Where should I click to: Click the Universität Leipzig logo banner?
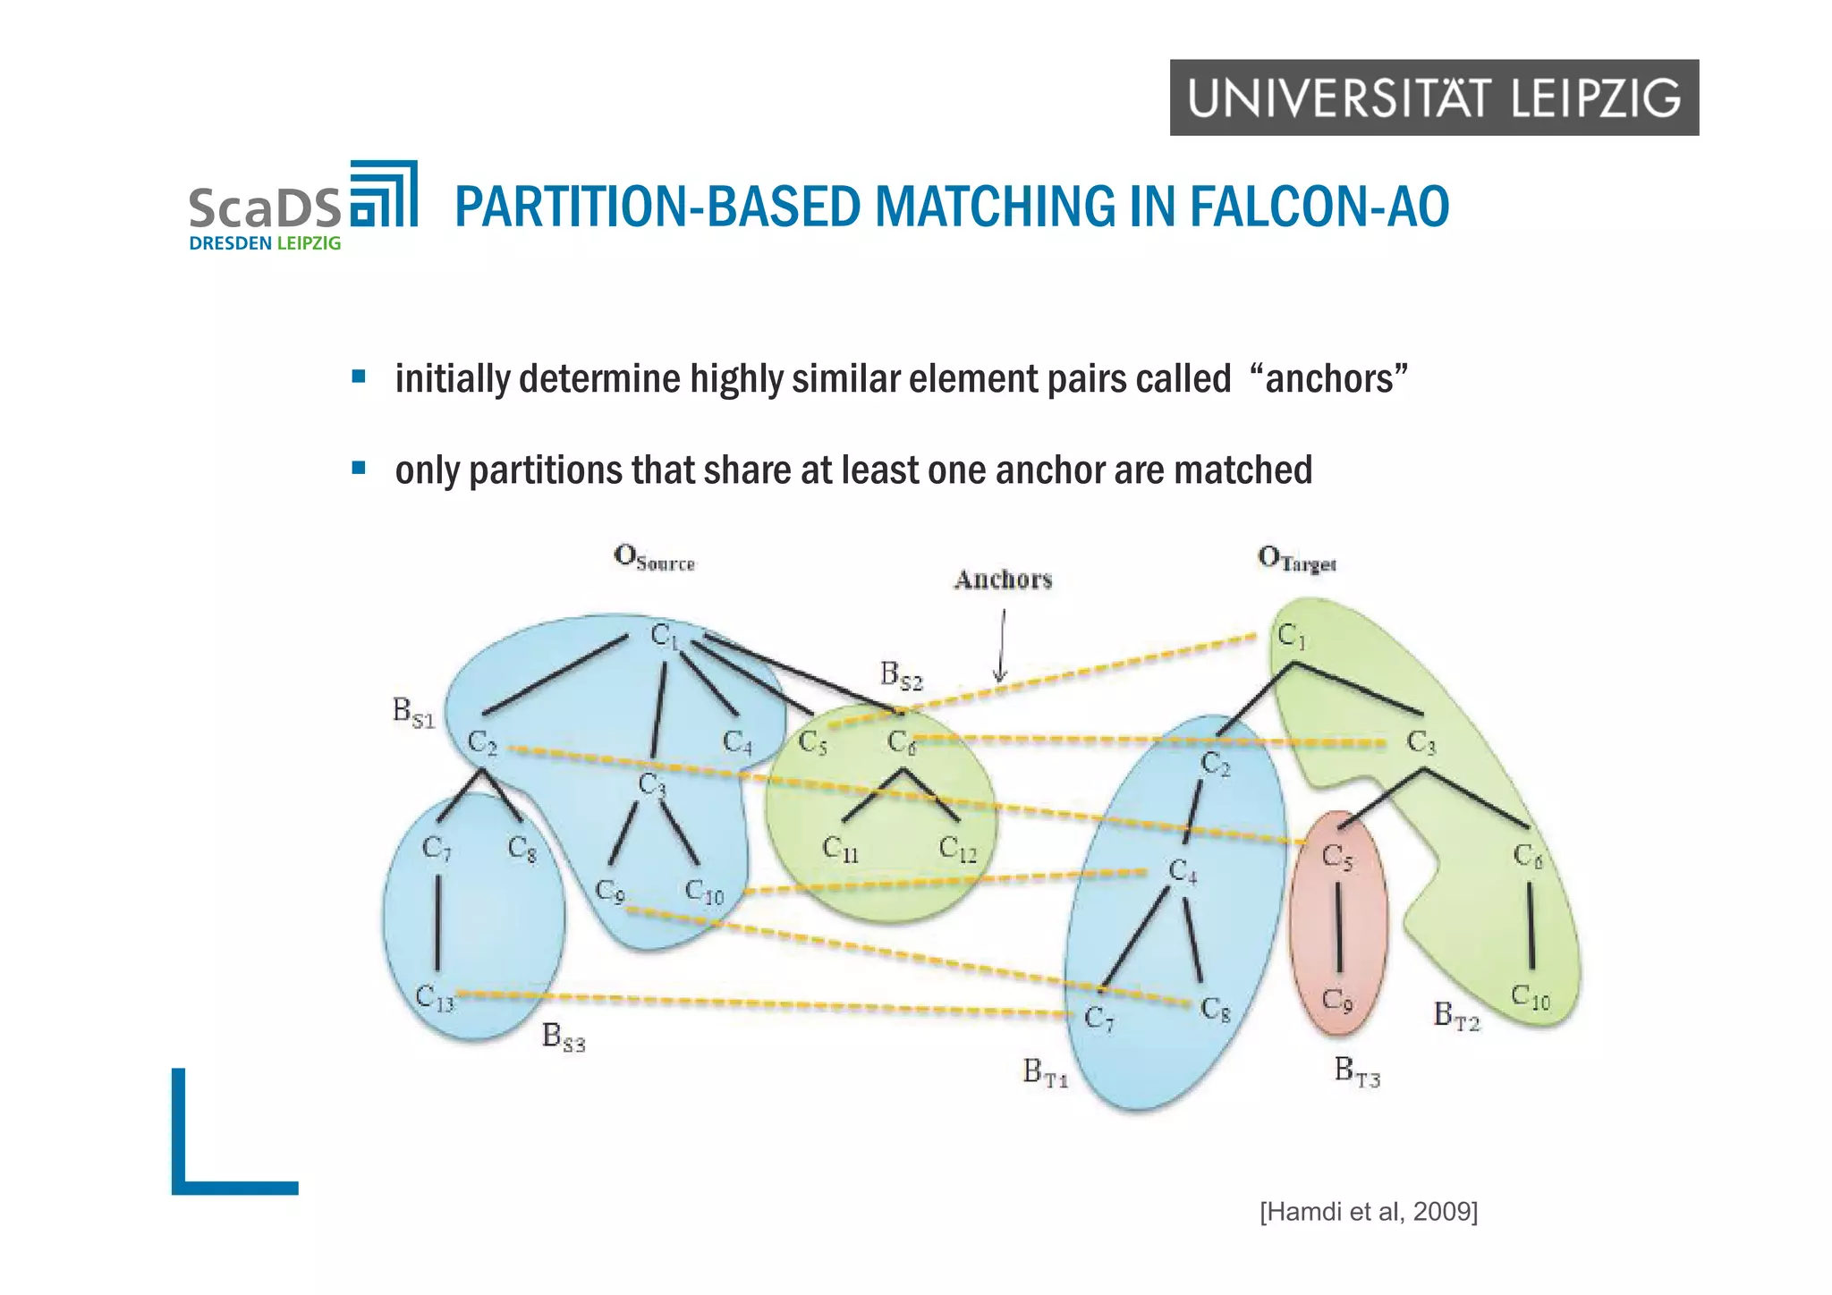[x=1433, y=97]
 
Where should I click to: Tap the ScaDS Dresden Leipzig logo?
[x=302, y=206]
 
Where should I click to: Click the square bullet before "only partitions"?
[x=359, y=468]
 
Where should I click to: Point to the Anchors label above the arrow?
[x=1003, y=580]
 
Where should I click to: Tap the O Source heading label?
[x=654, y=558]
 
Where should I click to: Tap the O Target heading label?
[x=1296, y=559]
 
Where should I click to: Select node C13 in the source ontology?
[x=435, y=998]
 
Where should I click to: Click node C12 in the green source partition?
[x=957, y=849]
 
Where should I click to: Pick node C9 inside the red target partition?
[x=1337, y=999]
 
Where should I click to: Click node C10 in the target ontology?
[x=1530, y=996]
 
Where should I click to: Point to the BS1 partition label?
[x=413, y=713]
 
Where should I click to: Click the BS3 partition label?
[x=564, y=1037]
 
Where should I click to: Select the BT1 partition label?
[x=1045, y=1071]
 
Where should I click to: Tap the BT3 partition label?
[x=1356, y=1071]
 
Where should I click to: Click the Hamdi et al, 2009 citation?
[x=1368, y=1212]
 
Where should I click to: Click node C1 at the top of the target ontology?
[x=1291, y=636]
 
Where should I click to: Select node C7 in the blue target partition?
[x=1098, y=1018]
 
